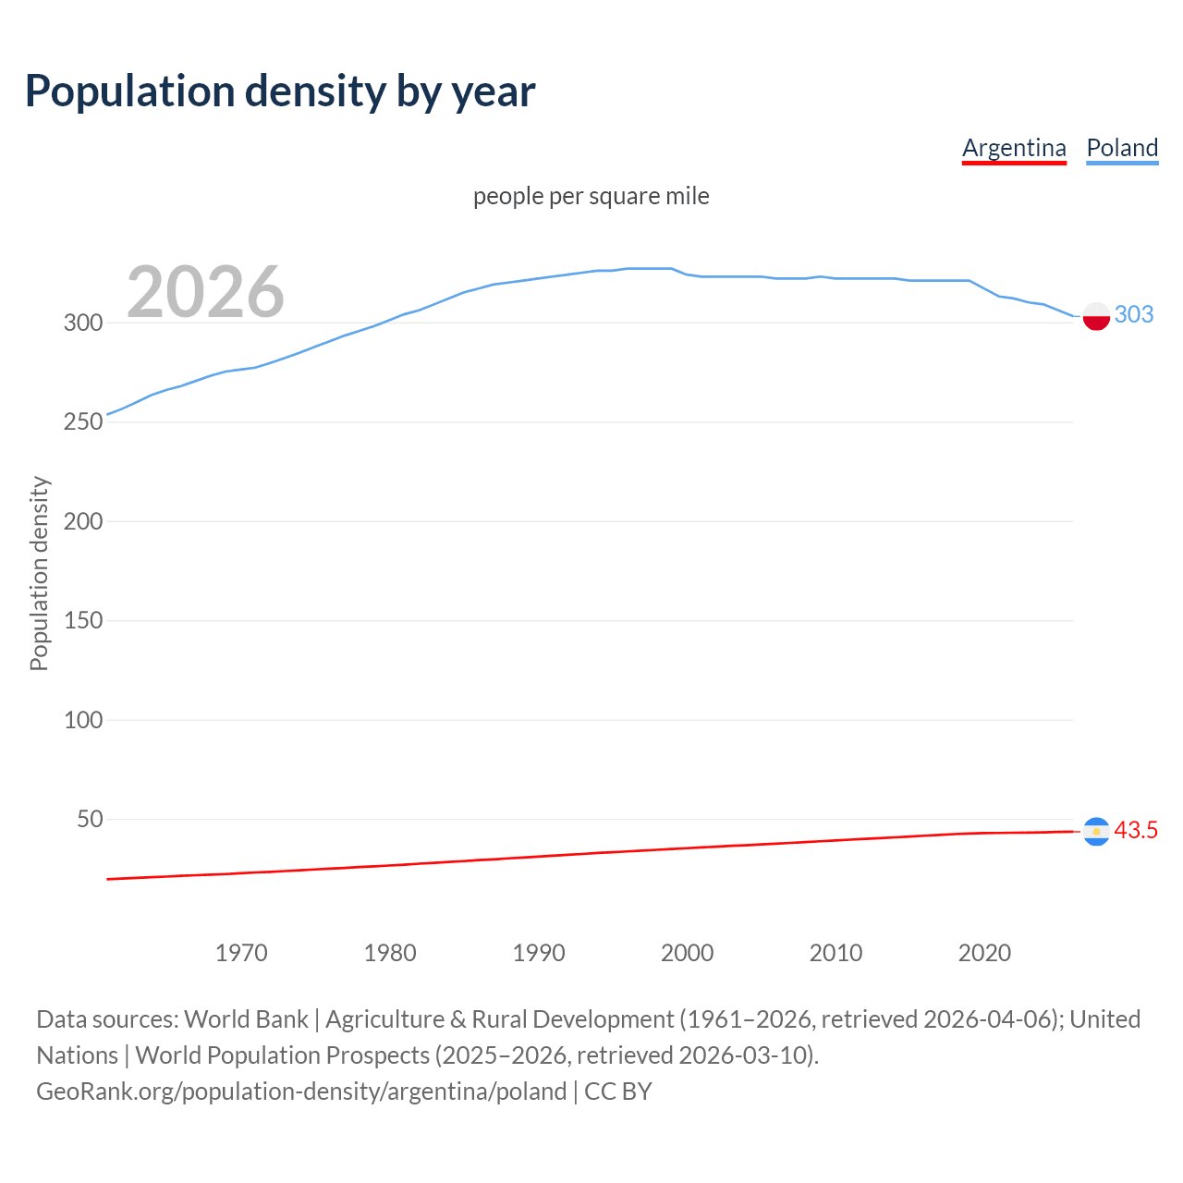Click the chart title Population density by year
tap(280, 91)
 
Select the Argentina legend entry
tap(1014, 148)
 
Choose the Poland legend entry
tap(1122, 148)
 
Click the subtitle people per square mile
tap(591, 196)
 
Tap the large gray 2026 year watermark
tap(205, 292)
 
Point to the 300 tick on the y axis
tap(82, 323)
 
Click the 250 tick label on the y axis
tap(82, 421)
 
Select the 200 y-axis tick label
tap(82, 521)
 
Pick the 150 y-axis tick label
tap(82, 620)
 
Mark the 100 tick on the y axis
tap(82, 720)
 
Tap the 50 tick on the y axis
tap(89, 819)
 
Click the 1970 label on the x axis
tap(241, 953)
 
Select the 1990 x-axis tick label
tap(539, 953)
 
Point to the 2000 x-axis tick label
tap(687, 953)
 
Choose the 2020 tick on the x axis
tap(984, 953)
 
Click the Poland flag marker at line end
tap(1096, 316)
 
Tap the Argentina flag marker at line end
tap(1096, 832)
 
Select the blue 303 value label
tap(1134, 315)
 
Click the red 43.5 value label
tap(1136, 831)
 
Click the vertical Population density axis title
tap(39, 573)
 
